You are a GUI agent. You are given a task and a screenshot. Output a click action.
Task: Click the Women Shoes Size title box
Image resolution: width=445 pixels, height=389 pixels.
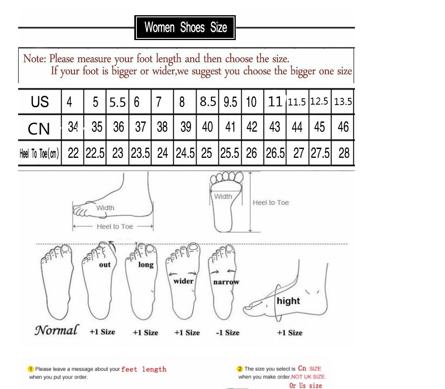(185, 27)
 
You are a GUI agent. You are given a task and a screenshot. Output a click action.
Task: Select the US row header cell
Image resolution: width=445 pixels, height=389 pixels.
(40, 102)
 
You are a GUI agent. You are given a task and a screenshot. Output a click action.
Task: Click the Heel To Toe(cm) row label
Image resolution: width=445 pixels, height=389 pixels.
(39, 154)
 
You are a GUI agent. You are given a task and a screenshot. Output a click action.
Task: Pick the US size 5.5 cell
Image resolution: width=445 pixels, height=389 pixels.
(117, 102)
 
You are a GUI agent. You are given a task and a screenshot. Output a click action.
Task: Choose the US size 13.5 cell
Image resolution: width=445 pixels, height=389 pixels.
(343, 102)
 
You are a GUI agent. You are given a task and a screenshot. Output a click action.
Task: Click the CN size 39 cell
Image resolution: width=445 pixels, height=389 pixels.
(186, 127)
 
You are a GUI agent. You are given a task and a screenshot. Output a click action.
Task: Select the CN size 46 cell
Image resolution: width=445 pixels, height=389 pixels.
(343, 127)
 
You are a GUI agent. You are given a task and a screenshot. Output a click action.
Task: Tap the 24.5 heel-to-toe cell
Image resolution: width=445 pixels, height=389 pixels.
(185, 153)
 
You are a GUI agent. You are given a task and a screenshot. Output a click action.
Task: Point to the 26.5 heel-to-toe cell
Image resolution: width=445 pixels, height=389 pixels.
(275, 153)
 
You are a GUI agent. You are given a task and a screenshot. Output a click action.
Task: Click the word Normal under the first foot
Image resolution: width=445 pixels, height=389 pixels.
(56, 330)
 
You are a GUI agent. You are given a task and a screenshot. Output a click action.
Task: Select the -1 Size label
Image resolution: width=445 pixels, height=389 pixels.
(228, 332)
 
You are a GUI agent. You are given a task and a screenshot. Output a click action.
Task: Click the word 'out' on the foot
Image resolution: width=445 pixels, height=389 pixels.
(105, 265)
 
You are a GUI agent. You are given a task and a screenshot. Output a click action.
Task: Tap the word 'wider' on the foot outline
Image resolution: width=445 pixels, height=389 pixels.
(183, 281)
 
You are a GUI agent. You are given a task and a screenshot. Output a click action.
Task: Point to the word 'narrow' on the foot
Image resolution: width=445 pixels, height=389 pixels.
(226, 282)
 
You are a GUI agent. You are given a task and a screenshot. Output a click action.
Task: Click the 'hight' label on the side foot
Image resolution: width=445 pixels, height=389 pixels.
(288, 300)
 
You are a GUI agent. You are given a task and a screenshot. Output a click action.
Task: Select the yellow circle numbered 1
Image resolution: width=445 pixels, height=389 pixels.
(31, 369)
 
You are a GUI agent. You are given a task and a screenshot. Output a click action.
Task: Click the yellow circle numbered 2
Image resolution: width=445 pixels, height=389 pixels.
(240, 369)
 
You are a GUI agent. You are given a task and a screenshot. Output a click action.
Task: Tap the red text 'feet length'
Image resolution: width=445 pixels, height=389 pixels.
(144, 369)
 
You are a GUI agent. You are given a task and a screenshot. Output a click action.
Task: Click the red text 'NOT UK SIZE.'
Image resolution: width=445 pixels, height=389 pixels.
(309, 377)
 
